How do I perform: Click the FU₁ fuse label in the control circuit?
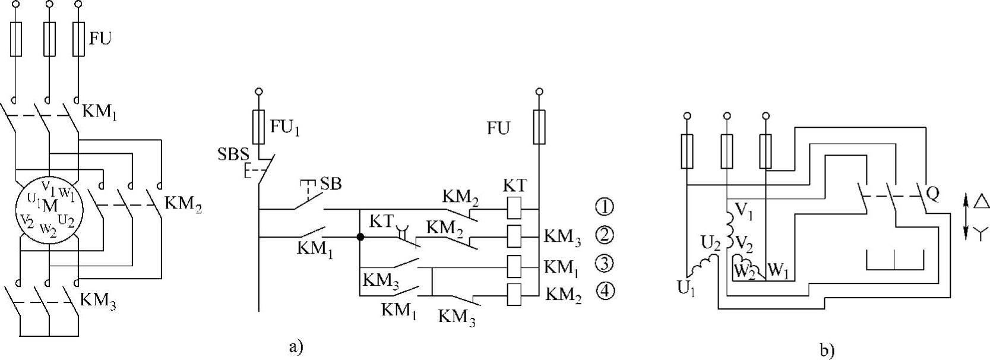click(284, 127)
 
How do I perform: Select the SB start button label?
click(331, 184)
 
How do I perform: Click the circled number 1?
click(605, 207)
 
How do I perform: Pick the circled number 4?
click(605, 292)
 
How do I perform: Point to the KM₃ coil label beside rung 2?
click(561, 238)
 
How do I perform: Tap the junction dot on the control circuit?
click(360, 236)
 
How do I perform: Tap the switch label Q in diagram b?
click(932, 193)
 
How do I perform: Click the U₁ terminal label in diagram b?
click(686, 289)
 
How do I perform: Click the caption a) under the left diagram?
click(296, 346)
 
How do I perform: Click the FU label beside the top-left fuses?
click(100, 39)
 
